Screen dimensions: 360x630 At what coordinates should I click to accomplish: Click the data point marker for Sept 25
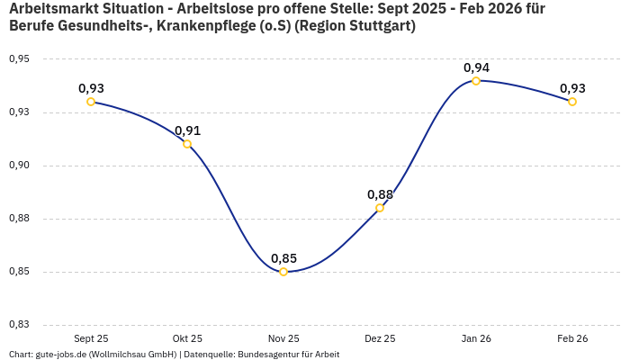pyautogui.click(x=91, y=102)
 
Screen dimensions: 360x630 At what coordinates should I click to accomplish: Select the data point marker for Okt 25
pyautogui.click(x=187, y=144)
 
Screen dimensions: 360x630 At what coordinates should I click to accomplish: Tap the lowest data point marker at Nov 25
pyautogui.click(x=283, y=272)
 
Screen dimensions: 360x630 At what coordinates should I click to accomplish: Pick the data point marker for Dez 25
pyautogui.click(x=380, y=208)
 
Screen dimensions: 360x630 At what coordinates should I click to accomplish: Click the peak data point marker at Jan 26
pyautogui.click(x=476, y=81)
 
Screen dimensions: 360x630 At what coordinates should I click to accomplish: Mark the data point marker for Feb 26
pyautogui.click(x=572, y=102)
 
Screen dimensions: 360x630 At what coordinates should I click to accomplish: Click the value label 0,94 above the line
pyautogui.click(x=476, y=67)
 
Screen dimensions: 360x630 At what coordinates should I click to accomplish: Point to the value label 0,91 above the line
pyautogui.click(x=187, y=130)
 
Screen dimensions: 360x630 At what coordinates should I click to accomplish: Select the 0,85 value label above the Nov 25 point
pyautogui.click(x=283, y=258)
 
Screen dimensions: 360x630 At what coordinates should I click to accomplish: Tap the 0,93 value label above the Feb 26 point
pyautogui.click(x=572, y=88)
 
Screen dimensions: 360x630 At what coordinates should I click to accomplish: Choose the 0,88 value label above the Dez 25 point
pyautogui.click(x=380, y=194)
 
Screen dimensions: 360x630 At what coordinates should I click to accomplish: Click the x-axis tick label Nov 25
pyautogui.click(x=283, y=338)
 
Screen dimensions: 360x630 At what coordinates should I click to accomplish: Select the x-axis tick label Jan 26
pyautogui.click(x=476, y=338)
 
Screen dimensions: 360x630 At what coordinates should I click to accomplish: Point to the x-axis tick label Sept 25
pyautogui.click(x=91, y=338)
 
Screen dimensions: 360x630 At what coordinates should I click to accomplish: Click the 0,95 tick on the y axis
pyautogui.click(x=19, y=59)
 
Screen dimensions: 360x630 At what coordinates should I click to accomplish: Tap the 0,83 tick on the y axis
pyautogui.click(x=19, y=325)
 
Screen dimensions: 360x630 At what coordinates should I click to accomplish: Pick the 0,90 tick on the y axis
pyautogui.click(x=19, y=166)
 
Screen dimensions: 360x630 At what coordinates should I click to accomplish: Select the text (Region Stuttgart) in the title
pyautogui.click(x=360, y=26)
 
